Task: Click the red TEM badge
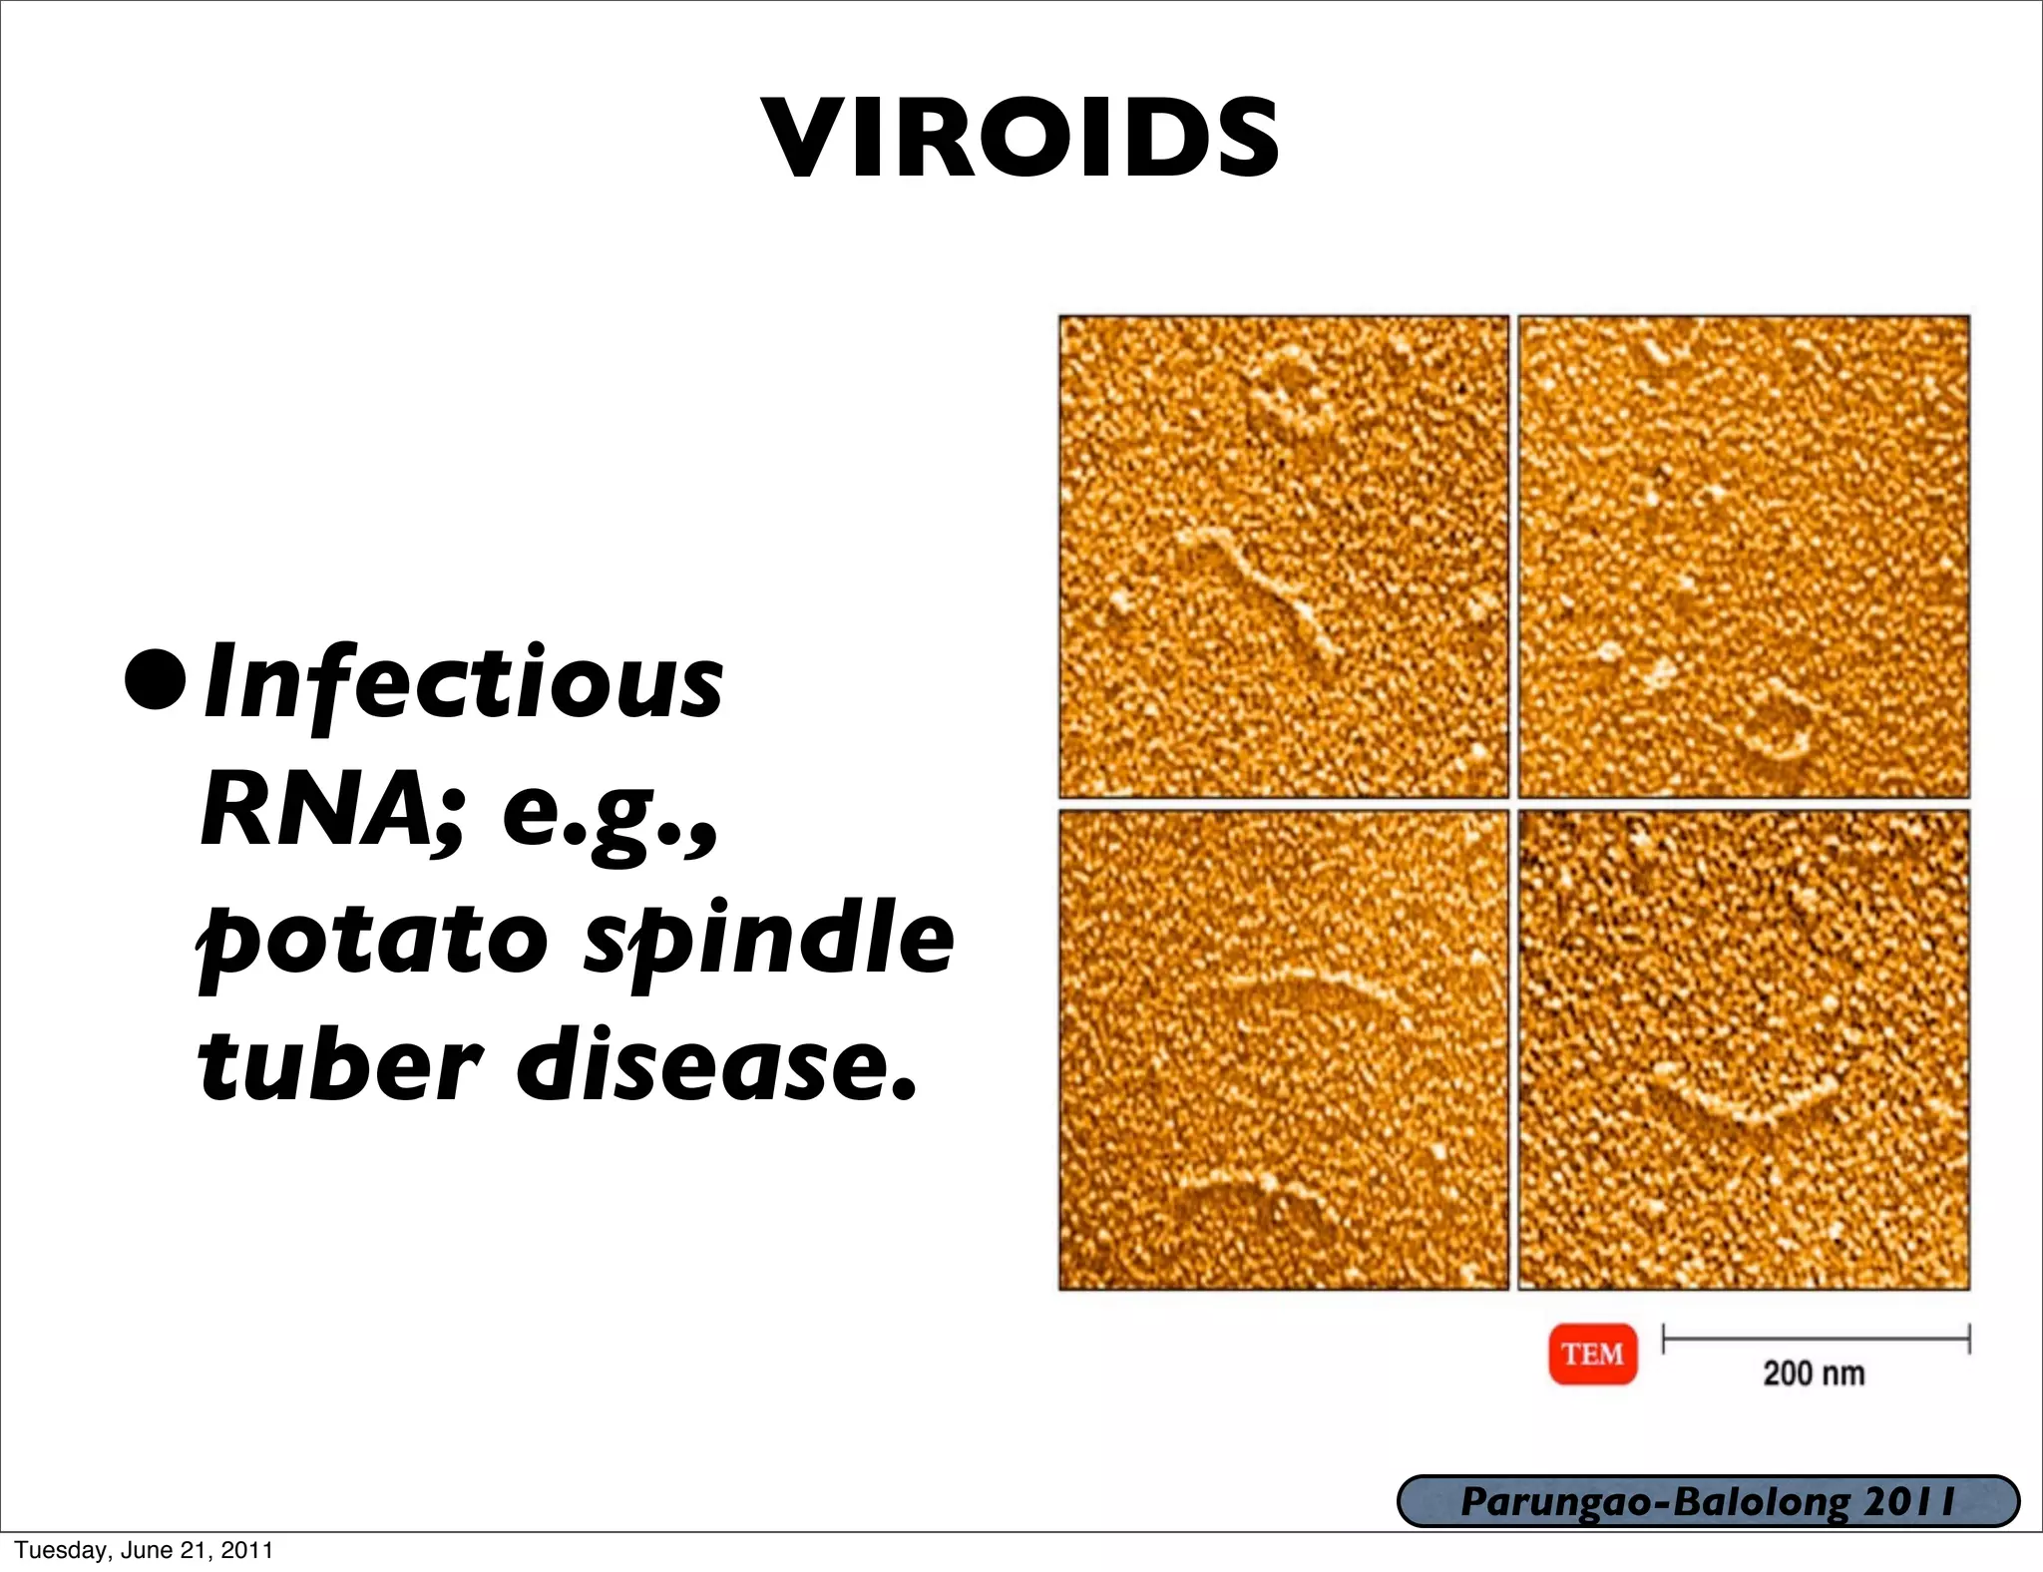(x=1592, y=1354)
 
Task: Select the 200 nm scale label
(x=1814, y=1374)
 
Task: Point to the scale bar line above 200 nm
(x=1816, y=1339)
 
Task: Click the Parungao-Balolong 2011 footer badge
(x=1708, y=1501)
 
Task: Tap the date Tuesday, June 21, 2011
(x=144, y=1550)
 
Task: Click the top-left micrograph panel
(x=1283, y=556)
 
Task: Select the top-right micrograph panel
(x=1743, y=556)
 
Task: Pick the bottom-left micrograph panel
(x=1283, y=1049)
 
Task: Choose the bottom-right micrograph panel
(x=1743, y=1049)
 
